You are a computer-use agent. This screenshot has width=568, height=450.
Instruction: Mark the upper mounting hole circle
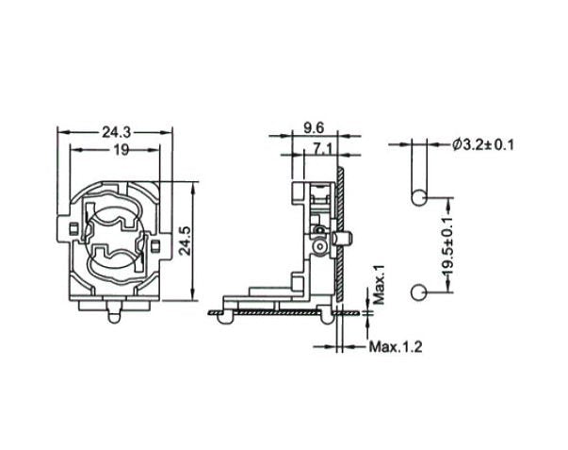click(x=417, y=197)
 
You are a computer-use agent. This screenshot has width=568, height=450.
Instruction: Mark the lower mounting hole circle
click(x=417, y=295)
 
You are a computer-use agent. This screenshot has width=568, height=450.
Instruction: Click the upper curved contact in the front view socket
click(x=117, y=222)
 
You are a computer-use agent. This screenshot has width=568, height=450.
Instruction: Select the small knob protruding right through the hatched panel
click(x=349, y=242)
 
